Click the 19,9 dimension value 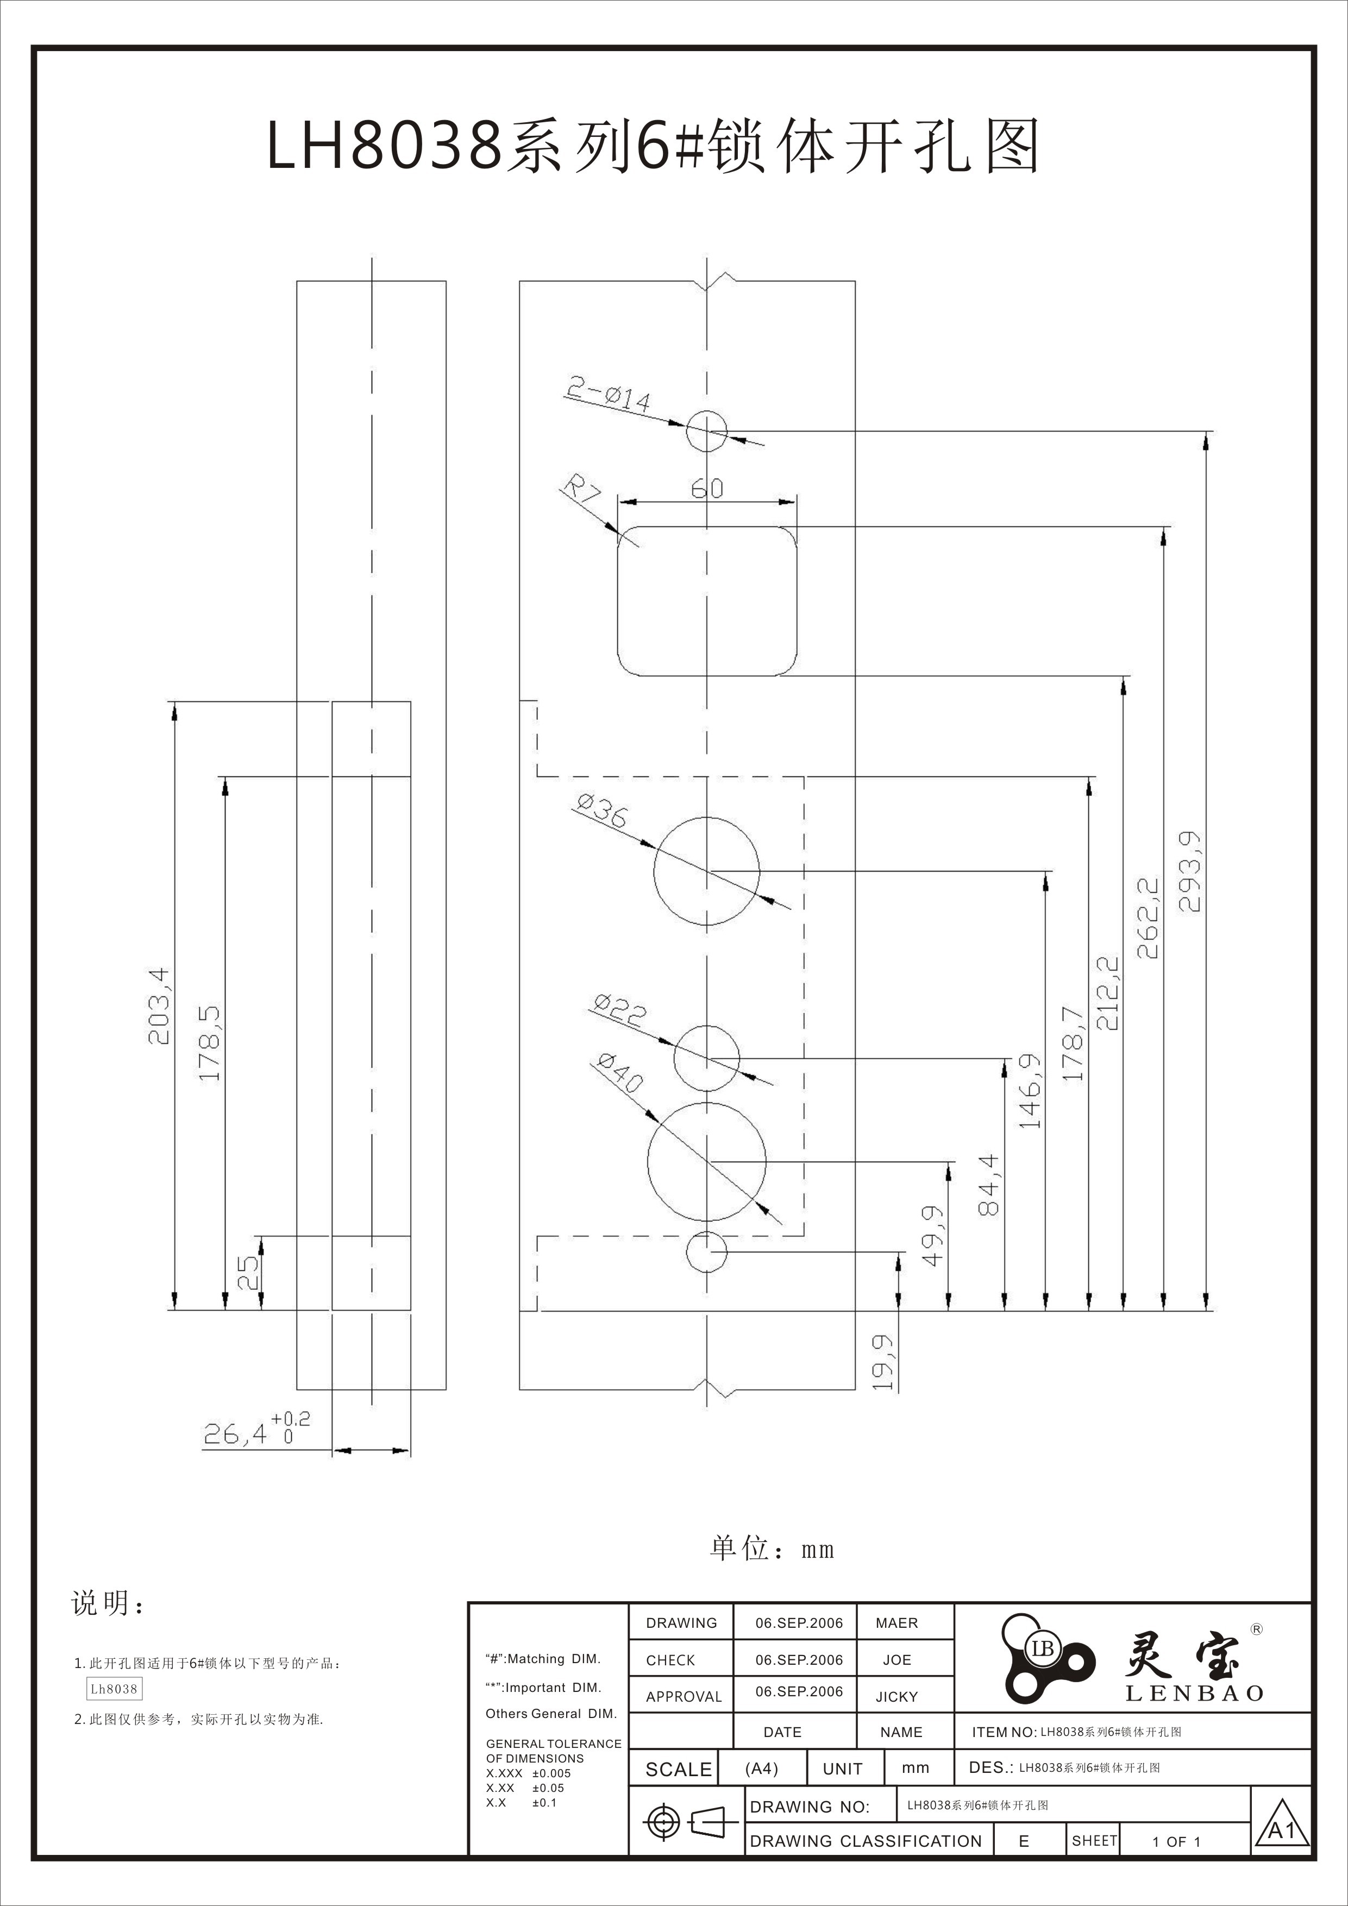pyautogui.click(x=883, y=1362)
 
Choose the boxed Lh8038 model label pyautogui.click(x=114, y=1689)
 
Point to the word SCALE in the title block pyautogui.click(x=678, y=1770)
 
